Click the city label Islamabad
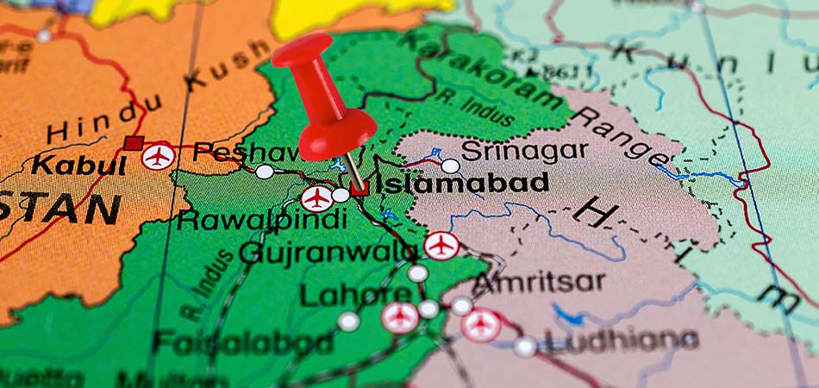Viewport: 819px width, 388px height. tap(464, 183)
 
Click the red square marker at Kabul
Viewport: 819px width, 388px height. tap(133, 143)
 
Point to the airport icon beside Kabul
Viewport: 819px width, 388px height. tap(159, 156)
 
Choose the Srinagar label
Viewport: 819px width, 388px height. tap(524, 152)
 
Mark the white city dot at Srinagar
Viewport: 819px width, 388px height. tap(450, 166)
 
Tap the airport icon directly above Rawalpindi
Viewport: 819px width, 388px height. tap(317, 198)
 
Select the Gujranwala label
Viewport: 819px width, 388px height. tap(328, 252)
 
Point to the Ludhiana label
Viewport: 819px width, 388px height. tap(621, 342)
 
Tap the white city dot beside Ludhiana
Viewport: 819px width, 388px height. tap(525, 346)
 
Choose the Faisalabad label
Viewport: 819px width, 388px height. tap(243, 341)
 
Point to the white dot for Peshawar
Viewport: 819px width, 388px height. tap(265, 172)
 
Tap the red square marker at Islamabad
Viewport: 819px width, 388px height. tap(359, 187)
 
